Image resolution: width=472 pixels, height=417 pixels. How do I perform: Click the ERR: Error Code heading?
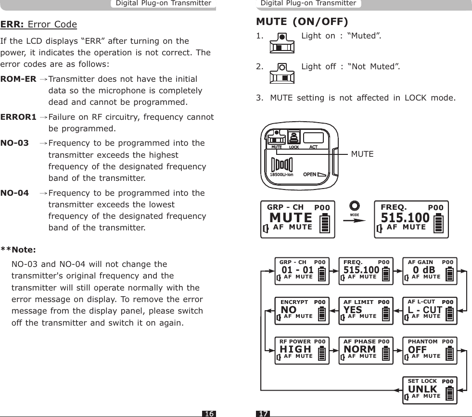39,25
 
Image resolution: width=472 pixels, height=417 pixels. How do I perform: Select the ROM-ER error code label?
18,79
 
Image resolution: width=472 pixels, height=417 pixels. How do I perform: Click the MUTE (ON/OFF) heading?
302,22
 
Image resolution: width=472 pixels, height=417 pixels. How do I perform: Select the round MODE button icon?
355,206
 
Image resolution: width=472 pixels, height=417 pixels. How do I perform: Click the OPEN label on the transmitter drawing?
309,174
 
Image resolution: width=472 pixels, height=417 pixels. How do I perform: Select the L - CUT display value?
425,309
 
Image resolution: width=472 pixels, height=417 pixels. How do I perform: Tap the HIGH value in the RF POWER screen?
295,349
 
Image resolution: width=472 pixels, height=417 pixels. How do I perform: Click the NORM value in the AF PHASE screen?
360,349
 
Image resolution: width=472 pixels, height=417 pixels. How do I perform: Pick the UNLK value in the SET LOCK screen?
422,389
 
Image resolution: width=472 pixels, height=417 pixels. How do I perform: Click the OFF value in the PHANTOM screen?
417,349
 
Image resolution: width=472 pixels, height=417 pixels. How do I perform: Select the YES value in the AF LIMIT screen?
353,309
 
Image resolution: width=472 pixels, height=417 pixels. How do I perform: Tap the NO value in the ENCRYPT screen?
288,309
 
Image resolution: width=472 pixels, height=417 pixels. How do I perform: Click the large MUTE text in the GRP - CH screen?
291,218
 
